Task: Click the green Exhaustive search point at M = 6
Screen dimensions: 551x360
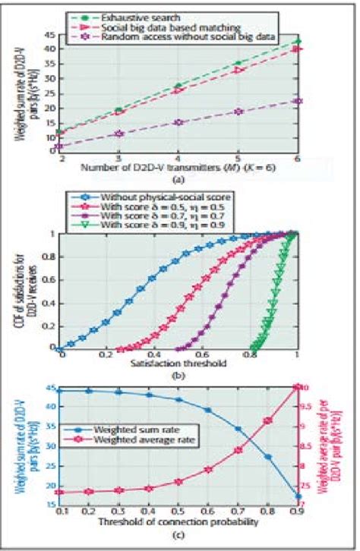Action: (298, 42)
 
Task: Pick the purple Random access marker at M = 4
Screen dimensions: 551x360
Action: (178, 122)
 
